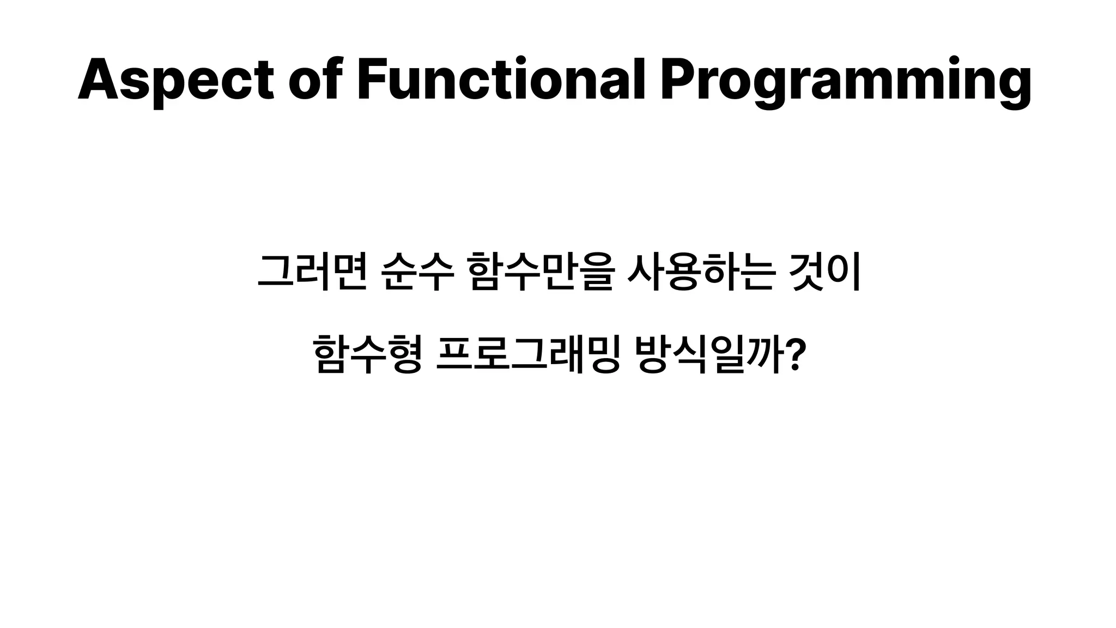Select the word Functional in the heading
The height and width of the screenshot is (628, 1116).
501,80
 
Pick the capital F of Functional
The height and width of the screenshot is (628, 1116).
373,80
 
